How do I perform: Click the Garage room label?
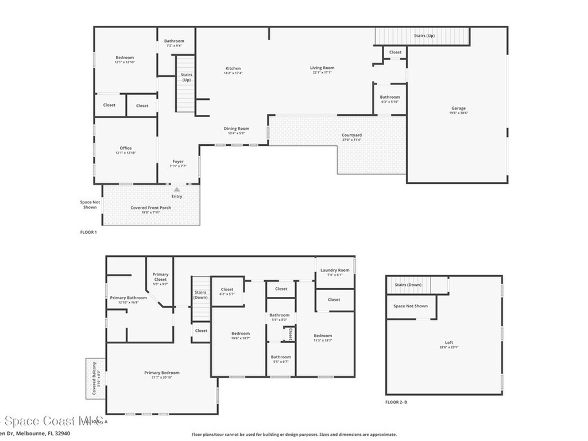pyautogui.click(x=458, y=108)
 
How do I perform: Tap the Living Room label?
pyautogui.click(x=322, y=68)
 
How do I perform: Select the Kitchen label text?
pyautogui.click(x=233, y=68)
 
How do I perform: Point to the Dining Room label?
pyautogui.click(x=236, y=129)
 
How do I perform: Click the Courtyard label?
pyautogui.click(x=351, y=135)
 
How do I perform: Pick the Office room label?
pyautogui.click(x=125, y=148)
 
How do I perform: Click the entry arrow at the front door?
pyautogui.click(x=177, y=189)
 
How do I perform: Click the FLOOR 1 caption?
pyautogui.click(x=88, y=232)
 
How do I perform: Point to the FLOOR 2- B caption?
pyautogui.click(x=396, y=402)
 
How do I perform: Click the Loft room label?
pyautogui.click(x=449, y=343)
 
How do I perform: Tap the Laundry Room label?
pyautogui.click(x=335, y=270)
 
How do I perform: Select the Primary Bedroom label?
pyautogui.click(x=162, y=373)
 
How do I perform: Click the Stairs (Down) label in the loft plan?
pyautogui.click(x=408, y=285)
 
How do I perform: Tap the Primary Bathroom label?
pyautogui.click(x=129, y=297)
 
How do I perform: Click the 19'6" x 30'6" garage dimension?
pyautogui.click(x=458, y=113)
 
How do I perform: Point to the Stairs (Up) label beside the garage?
pyautogui.click(x=424, y=36)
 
